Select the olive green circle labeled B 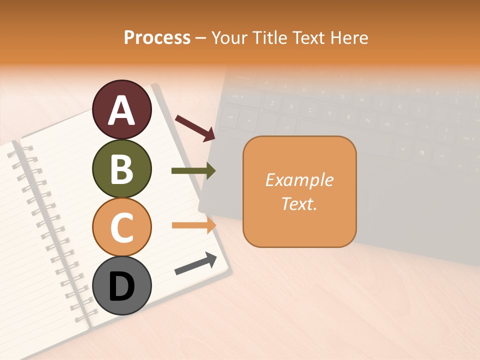pyautogui.click(x=121, y=168)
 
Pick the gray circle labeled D pyautogui.click(x=121, y=285)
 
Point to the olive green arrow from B pyautogui.click(x=193, y=171)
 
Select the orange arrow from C pyautogui.click(x=194, y=225)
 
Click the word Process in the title pyautogui.click(x=157, y=38)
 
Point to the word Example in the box pyautogui.click(x=299, y=180)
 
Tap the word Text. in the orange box pyautogui.click(x=299, y=203)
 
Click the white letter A pyautogui.click(x=121, y=110)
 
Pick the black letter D pyautogui.click(x=121, y=286)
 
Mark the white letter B pyautogui.click(x=121, y=169)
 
